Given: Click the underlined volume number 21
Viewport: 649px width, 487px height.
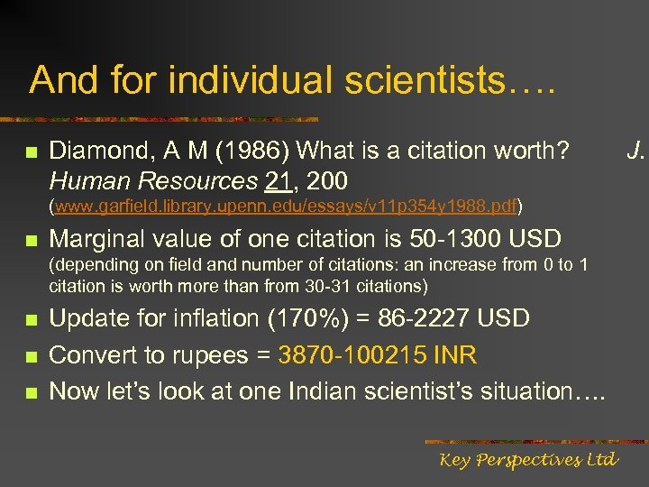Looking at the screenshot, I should pos(277,180).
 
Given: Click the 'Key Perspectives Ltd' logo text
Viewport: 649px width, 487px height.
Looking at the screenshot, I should pos(528,460).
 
